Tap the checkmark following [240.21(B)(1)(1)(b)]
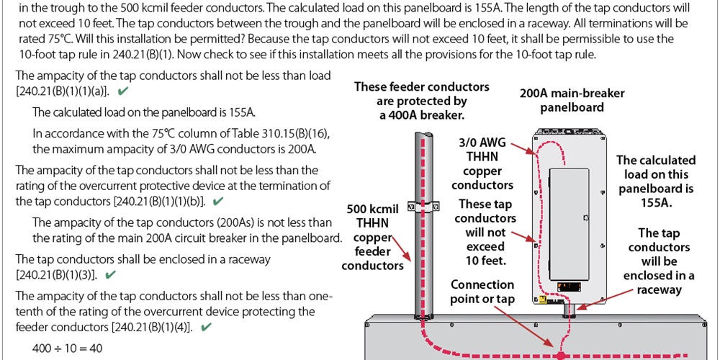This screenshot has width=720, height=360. [x=219, y=201]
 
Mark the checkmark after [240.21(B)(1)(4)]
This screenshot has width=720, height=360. [x=206, y=328]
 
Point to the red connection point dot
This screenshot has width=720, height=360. [x=559, y=354]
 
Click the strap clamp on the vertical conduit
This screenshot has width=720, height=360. [x=423, y=207]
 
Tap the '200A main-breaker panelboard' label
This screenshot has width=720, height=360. [x=572, y=100]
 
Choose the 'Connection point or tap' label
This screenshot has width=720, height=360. [x=482, y=292]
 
